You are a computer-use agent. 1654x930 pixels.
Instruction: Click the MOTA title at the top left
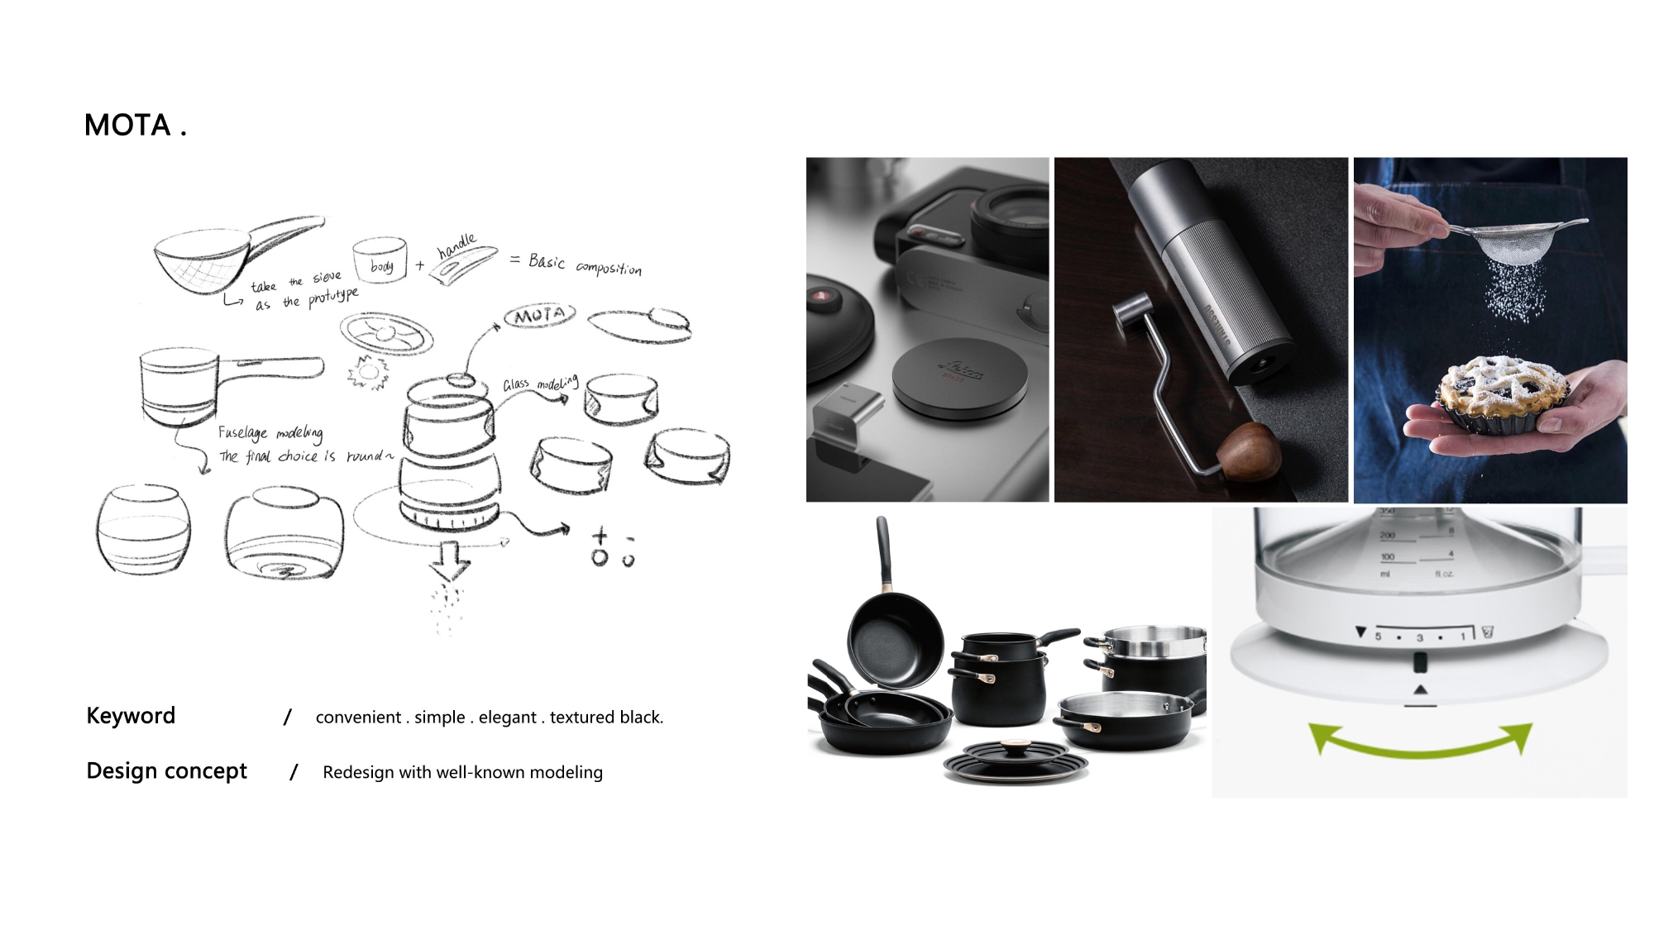pyautogui.click(x=135, y=126)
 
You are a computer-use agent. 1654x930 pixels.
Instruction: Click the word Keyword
pyautogui.click(x=131, y=716)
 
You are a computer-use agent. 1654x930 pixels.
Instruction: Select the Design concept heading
pyautogui.click(x=166, y=770)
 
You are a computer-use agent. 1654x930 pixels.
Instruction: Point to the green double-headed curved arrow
pyautogui.click(x=1420, y=741)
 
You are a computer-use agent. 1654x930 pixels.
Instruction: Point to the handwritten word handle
pyautogui.click(x=457, y=245)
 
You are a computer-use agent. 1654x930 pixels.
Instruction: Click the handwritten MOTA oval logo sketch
pyautogui.click(x=539, y=316)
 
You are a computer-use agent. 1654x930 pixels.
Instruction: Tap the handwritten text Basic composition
pyautogui.click(x=584, y=265)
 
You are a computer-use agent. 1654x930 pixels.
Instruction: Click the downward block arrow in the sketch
pyautogui.click(x=450, y=560)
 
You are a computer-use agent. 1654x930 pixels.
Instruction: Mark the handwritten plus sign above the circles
pyautogui.click(x=600, y=536)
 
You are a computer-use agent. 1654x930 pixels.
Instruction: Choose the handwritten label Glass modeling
pyautogui.click(x=540, y=384)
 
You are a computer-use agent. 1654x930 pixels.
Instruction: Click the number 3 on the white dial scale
pyautogui.click(x=1419, y=637)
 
